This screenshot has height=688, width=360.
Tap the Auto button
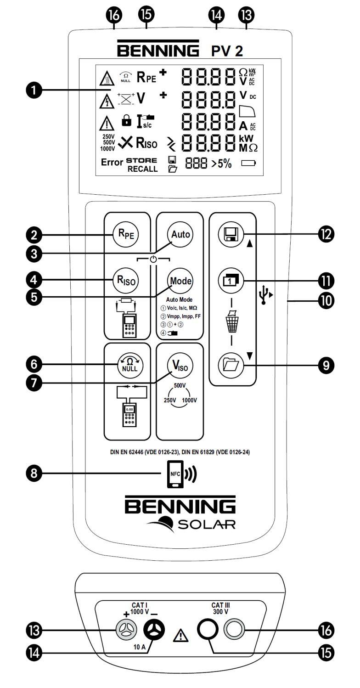(x=180, y=234)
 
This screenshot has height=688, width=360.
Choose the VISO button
(x=180, y=366)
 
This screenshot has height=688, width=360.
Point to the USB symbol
(x=264, y=295)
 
